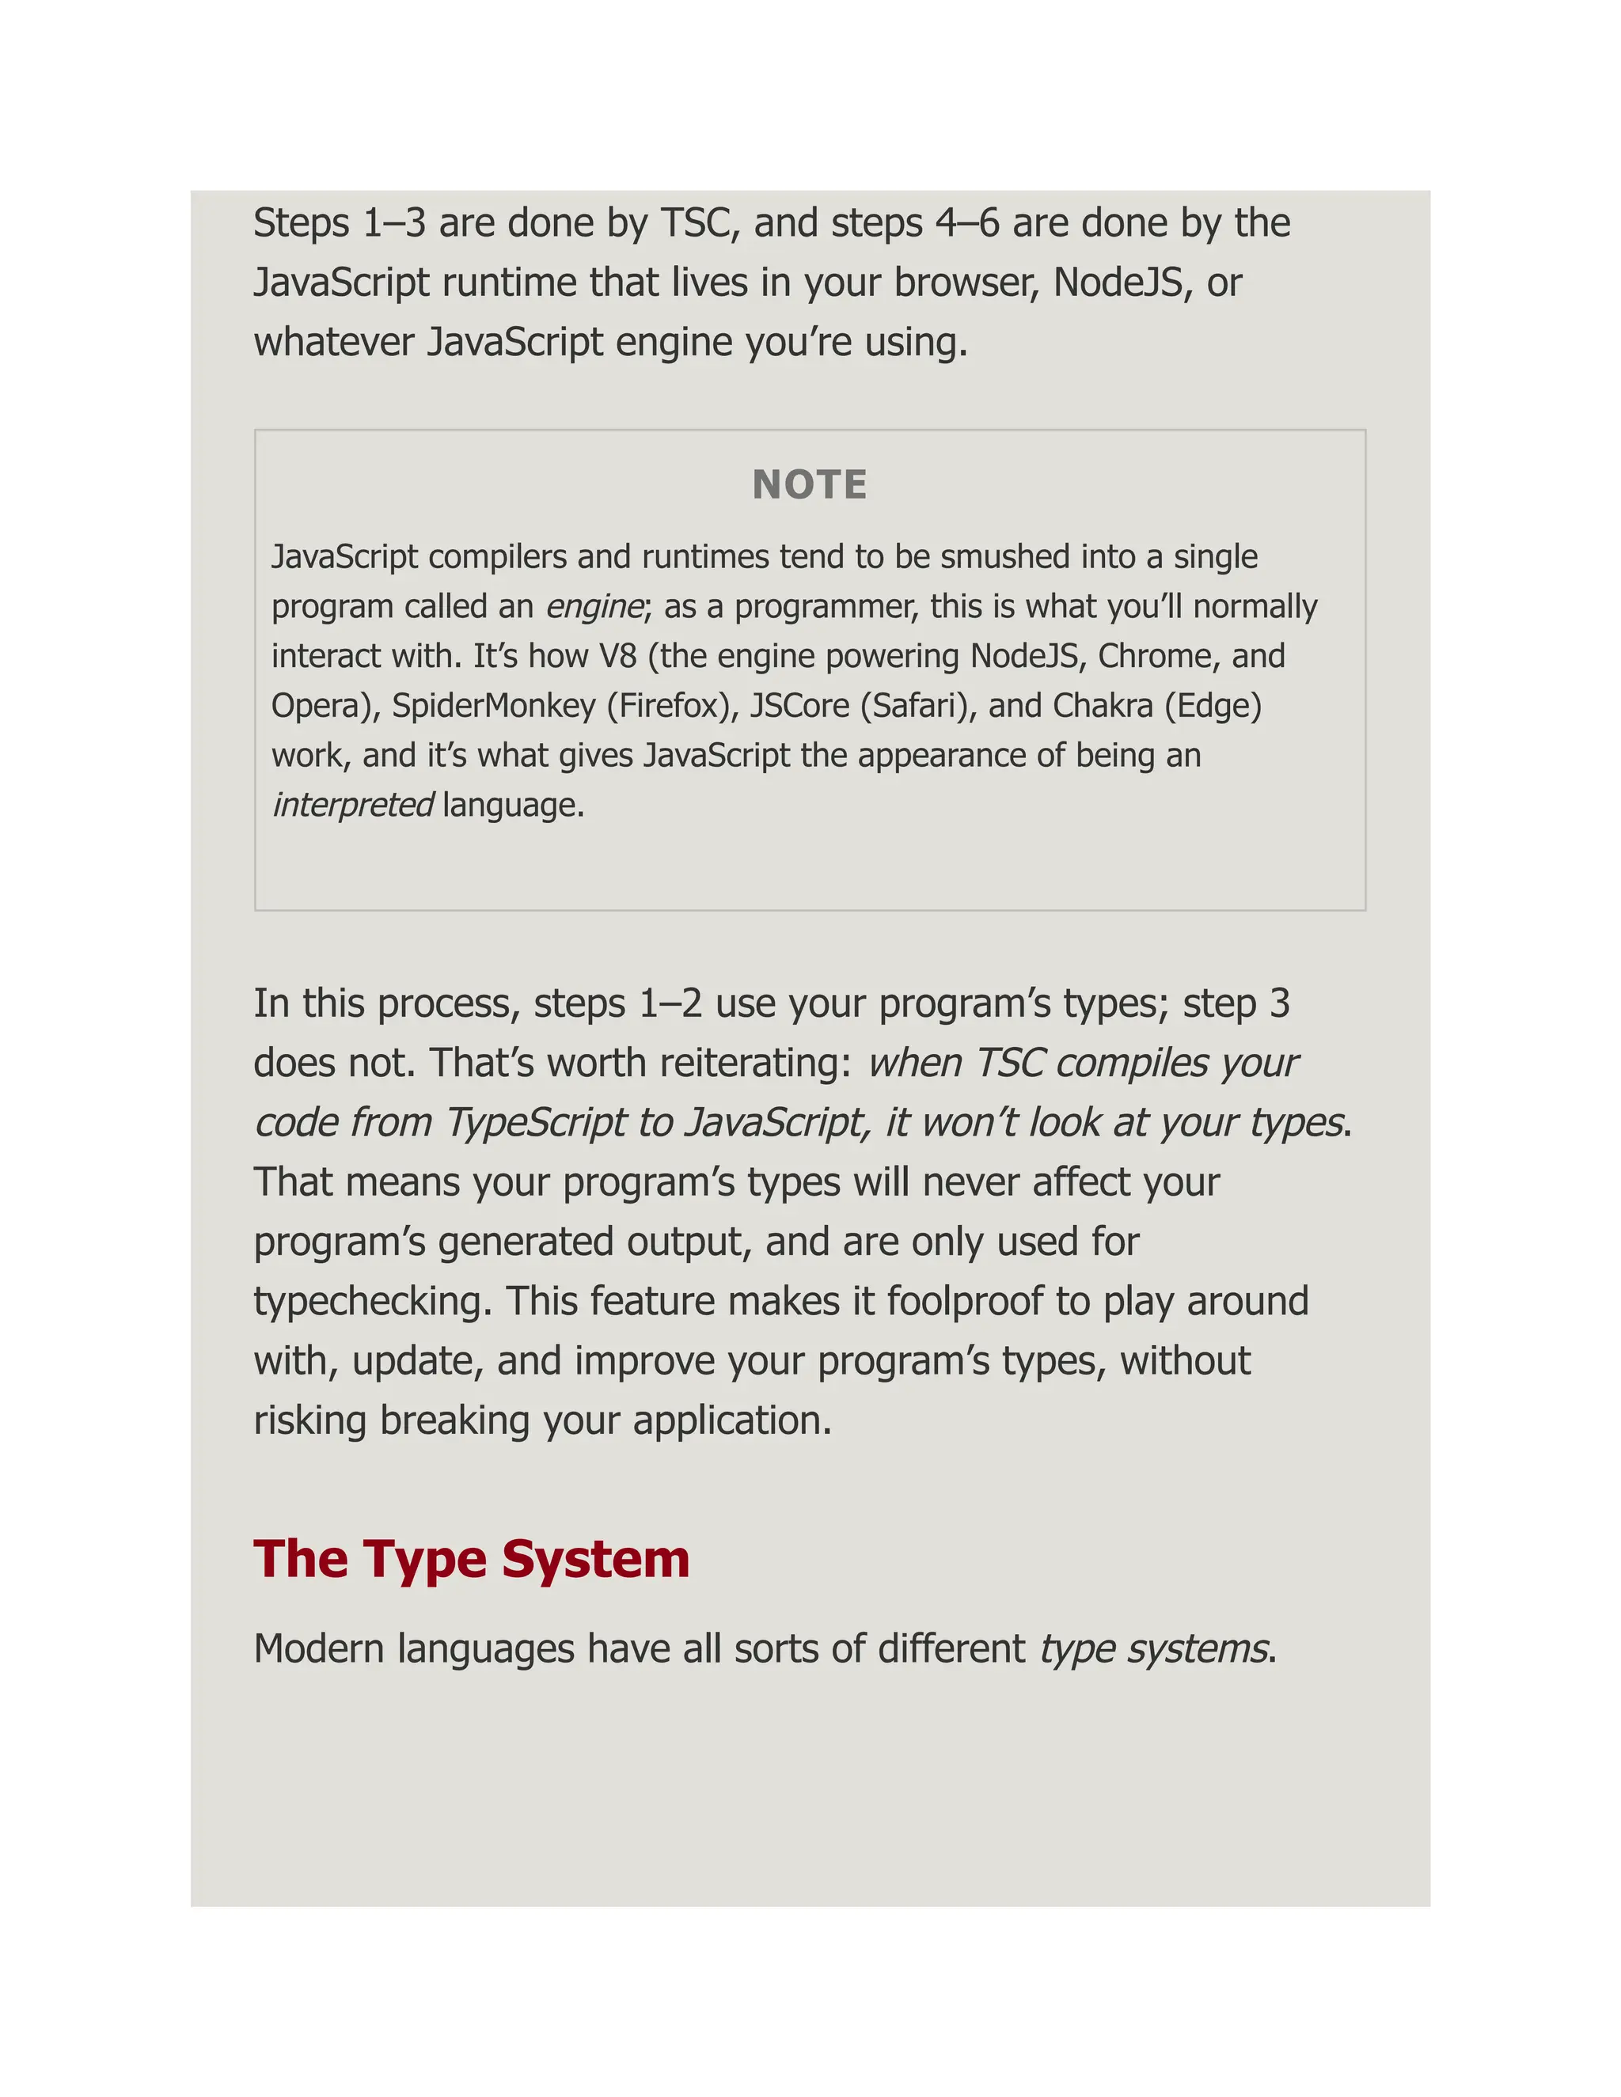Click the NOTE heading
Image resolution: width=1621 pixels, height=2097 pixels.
(810, 485)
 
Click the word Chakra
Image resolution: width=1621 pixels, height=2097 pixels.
(1103, 706)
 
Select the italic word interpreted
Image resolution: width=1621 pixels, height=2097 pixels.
(352, 805)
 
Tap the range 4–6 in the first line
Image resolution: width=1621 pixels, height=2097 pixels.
(967, 224)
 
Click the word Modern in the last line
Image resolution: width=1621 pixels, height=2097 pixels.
(319, 1648)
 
